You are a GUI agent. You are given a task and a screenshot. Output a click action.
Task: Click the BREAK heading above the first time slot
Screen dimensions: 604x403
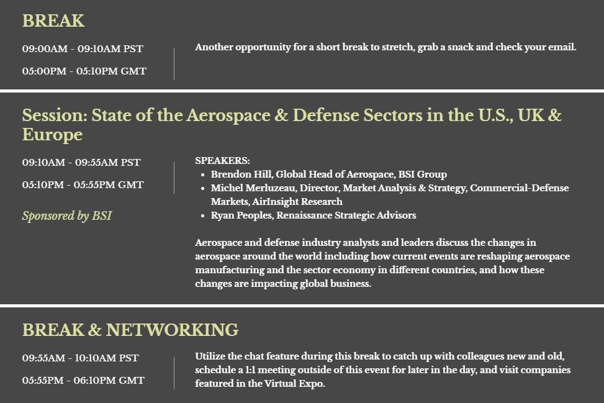53,21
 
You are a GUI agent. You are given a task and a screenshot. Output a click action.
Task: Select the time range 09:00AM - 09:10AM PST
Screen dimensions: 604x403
83,49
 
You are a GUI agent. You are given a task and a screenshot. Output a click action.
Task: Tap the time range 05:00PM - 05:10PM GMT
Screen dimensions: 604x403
84,71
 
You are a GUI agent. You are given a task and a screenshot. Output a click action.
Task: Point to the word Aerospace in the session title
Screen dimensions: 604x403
228,115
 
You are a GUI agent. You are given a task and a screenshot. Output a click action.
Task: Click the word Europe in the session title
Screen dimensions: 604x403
52,135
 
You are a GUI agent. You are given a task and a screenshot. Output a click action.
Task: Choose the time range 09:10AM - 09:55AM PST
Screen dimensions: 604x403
81,163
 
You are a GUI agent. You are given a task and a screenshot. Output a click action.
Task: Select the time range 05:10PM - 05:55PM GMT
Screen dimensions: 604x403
83,185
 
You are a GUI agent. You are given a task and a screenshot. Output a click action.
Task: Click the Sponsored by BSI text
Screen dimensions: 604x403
67,215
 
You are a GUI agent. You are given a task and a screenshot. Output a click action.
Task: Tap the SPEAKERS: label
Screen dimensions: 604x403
222,161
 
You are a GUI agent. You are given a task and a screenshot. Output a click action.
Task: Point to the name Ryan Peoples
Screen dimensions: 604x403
241,215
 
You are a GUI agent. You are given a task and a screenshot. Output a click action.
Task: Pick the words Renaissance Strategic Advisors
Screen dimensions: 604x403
346,215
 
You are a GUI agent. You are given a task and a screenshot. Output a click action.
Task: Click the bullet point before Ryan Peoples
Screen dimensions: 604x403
202,216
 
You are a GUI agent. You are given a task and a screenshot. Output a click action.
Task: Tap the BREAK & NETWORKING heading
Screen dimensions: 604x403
130,330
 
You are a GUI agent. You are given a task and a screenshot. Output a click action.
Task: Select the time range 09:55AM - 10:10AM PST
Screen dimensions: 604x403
81,358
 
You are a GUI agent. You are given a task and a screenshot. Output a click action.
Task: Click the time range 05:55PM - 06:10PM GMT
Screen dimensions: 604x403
83,380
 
